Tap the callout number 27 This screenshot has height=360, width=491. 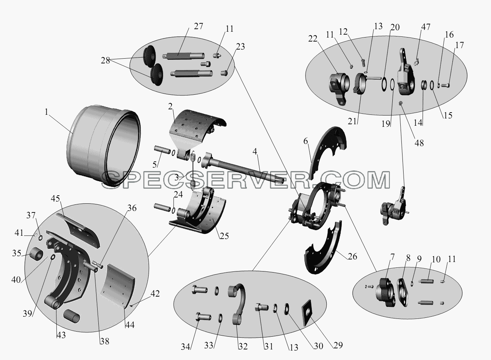click(199, 26)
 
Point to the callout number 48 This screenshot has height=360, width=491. click(419, 143)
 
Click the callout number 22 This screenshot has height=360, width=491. click(313, 39)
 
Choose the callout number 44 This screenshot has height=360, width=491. click(130, 325)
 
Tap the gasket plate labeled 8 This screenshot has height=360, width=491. click(403, 292)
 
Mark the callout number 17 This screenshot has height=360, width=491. click(459, 45)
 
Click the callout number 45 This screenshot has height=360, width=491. click(55, 199)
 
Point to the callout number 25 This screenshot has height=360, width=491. click(224, 236)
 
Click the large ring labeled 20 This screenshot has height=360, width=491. click(384, 84)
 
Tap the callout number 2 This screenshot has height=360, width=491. click(170, 106)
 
